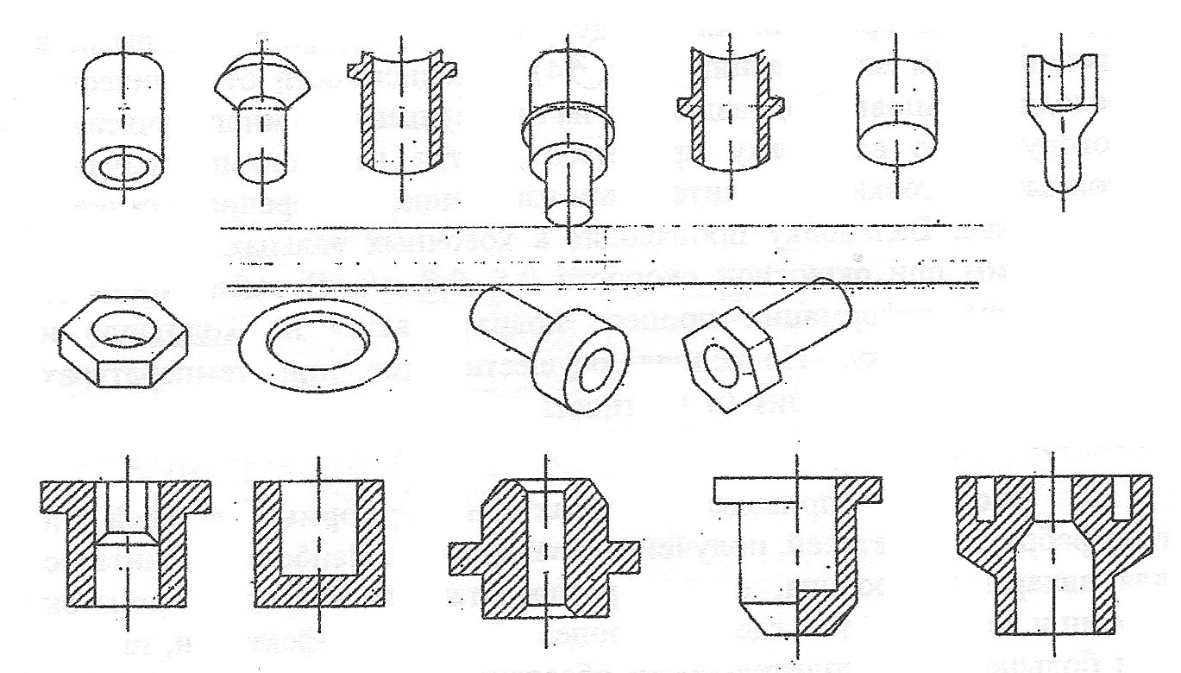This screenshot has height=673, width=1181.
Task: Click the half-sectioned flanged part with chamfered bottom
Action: coord(798,552)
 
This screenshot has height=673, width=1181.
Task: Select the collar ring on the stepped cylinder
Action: coord(569,129)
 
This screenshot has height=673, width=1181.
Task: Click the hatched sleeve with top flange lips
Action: coord(401,116)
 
